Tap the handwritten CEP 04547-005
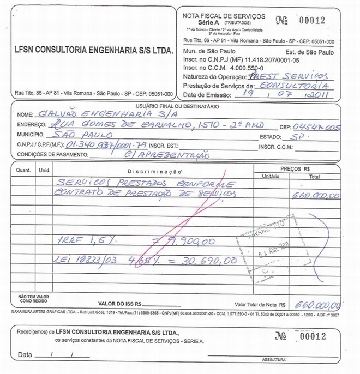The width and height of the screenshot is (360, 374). coord(319,127)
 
